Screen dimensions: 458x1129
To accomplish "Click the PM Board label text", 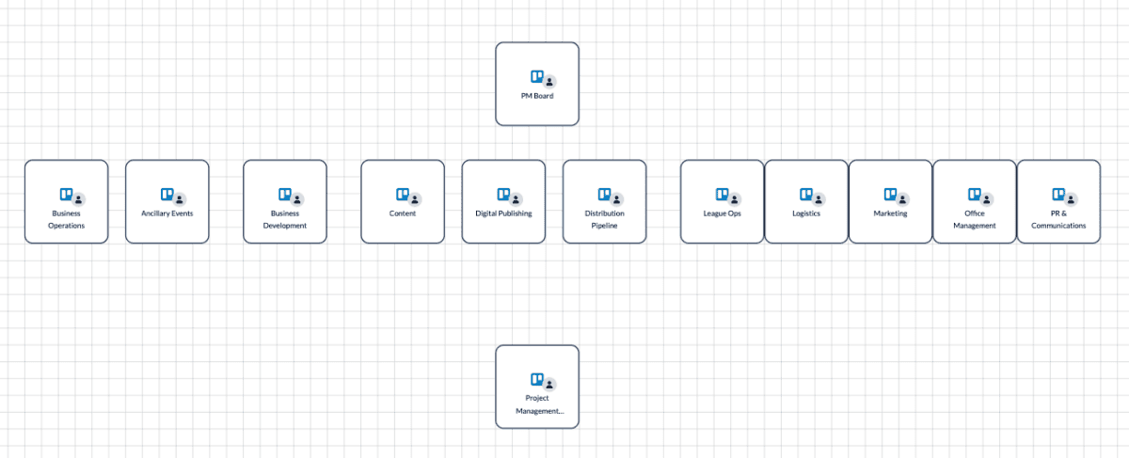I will (537, 96).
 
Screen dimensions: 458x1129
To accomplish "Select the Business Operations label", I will (66, 219).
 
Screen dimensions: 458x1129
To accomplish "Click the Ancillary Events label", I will (167, 213).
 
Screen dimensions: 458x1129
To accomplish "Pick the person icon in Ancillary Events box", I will (180, 199).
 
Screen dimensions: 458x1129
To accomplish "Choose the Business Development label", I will (285, 219).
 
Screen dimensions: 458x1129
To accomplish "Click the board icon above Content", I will (402, 195).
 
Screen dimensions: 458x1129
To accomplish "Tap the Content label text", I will (403, 213).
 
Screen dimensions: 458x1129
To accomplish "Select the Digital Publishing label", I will (503, 213).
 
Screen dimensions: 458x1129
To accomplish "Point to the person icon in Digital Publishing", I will (516, 199).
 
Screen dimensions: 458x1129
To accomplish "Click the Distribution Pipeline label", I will (604, 219).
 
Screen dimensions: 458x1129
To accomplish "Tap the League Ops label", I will (723, 213).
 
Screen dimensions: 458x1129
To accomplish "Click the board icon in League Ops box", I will (722, 195).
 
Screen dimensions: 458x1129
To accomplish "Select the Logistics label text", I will (806, 213).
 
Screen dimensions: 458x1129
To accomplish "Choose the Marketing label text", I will (890, 213).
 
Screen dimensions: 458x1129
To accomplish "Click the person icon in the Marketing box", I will (902, 199).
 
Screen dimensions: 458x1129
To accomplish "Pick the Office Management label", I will (975, 219).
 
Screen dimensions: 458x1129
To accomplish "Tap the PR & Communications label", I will (1058, 219).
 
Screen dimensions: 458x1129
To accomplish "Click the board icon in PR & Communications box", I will (1058, 195).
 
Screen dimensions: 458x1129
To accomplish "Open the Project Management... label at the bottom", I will (537, 404).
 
